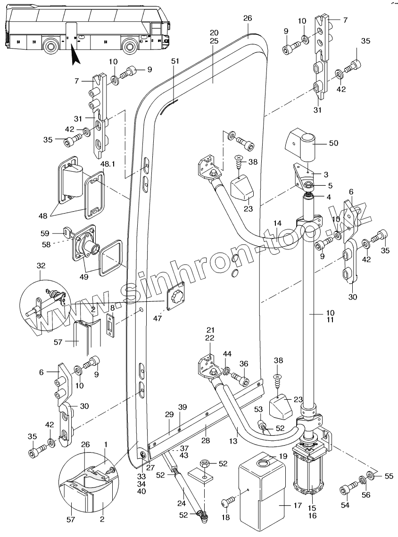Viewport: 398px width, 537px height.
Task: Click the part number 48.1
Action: coord(108,164)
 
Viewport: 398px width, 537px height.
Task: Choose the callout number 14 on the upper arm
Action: coord(277,223)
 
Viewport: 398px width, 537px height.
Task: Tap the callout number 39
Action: coord(182,407)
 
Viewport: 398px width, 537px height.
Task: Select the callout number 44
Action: coord(227,353)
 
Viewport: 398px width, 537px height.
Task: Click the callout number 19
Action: coord(282,456)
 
